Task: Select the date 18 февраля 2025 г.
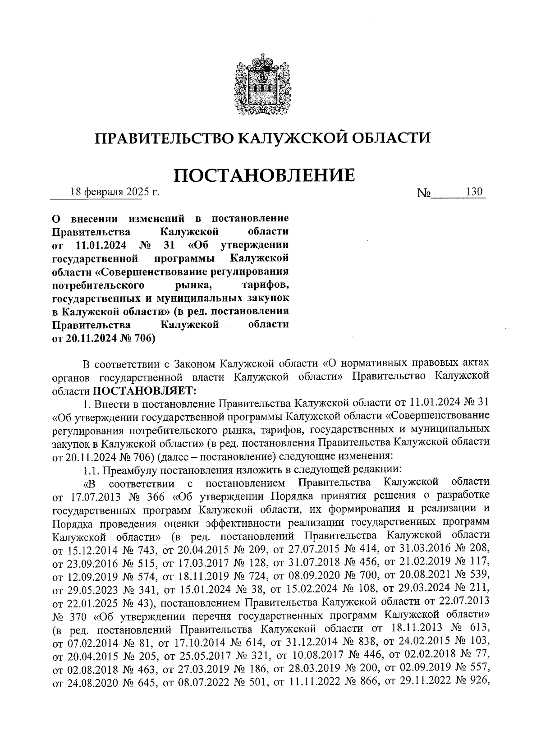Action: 115,193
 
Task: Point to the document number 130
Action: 474,192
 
